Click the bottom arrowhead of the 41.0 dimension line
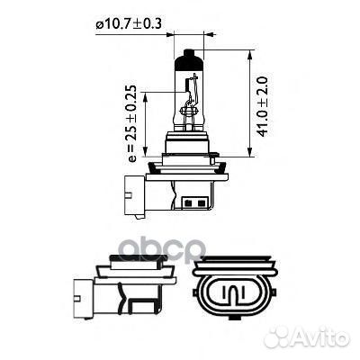click(x=247, y=154)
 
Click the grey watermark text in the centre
click(x=179, y=247)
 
